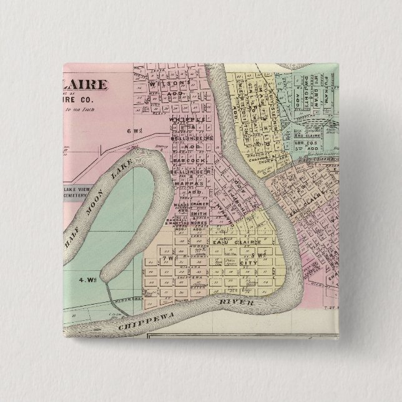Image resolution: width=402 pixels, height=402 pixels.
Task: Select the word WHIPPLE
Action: click(x=186, y=119)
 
